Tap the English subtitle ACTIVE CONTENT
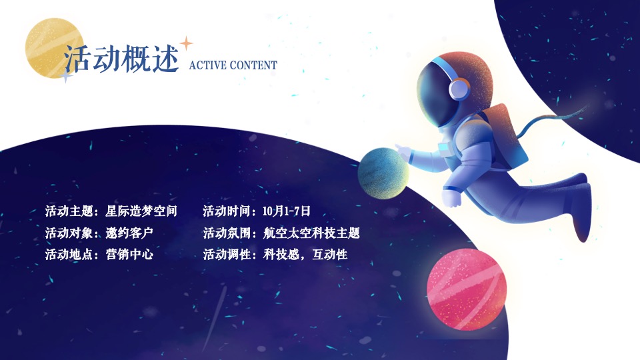click(x=233, y=65)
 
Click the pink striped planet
click(x=466, y=289)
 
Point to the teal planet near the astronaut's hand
click(x=383, y=172)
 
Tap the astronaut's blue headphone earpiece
click(x=459, y=89)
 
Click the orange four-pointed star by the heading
click(x=187, y=44)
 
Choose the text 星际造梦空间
click(x=141, y=212)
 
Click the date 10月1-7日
click(x=287, y=212)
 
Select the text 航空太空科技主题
click(x=311, y=233)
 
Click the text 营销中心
click(x=129, y=254)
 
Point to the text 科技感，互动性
click(x=305, y=254)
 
